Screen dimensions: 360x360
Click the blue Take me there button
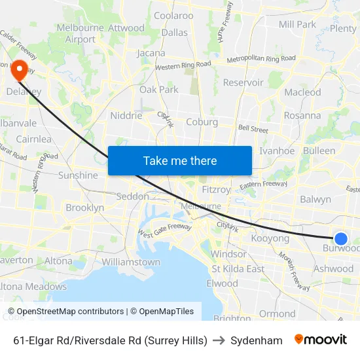(x=180, y=160)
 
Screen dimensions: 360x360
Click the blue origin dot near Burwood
(x=340, y=239)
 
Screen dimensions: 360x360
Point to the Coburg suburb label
(x=202, y=121)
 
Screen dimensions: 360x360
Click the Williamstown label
(x=131, y=262)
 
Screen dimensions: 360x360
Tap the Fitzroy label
(x=216, y=190)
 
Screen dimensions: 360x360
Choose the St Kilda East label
(x=238, y=269)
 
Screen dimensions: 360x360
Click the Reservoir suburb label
(x=243, y=82)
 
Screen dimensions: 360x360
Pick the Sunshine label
(x=78, y=175)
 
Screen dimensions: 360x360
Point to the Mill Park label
(x=297, y=24)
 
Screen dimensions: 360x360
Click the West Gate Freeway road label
(x=164, y=230)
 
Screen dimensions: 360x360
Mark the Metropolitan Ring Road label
(x=261, y=60)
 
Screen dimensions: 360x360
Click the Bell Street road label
(x=253, y=129)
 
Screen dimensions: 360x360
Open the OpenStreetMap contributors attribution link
(x=66, y=312)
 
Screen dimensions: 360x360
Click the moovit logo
(x=320, y=340)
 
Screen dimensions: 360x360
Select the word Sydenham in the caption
(x=257, y=340)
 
